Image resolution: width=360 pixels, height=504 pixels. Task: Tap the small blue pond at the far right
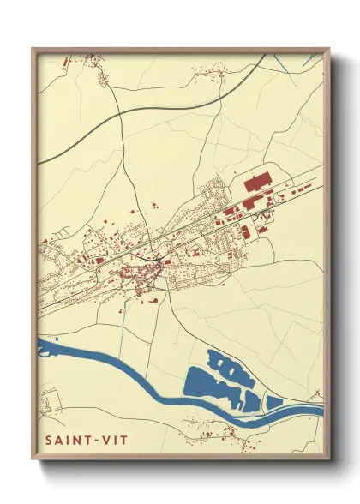274,401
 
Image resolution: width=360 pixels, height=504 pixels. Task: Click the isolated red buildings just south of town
149,299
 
